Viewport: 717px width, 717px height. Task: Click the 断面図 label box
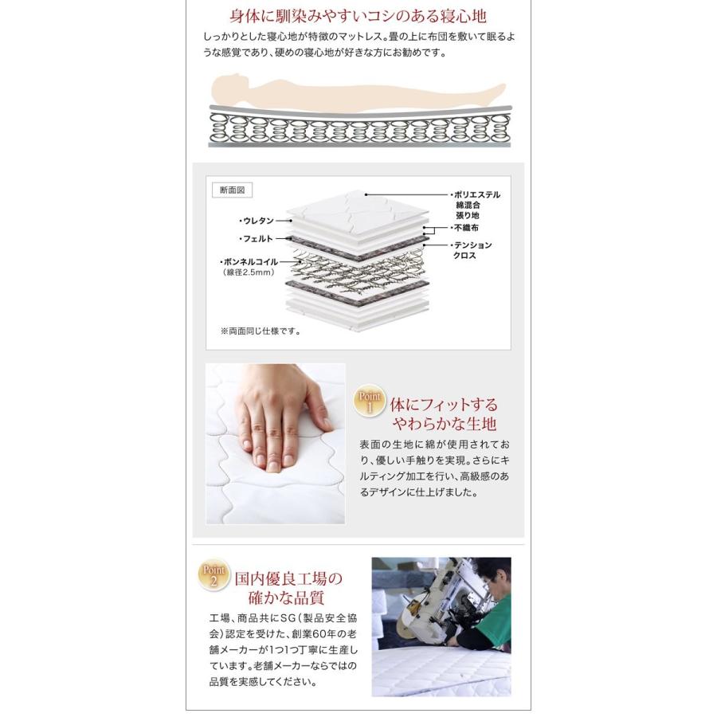pyautogui.click(x=232, y=190)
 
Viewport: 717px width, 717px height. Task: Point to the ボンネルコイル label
pyautogui.click(x=249, y=262)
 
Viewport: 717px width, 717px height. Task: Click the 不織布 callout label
pyautogui.click(x=464, y=227)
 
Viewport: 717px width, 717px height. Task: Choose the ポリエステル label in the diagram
pyautogui.click(x=476, y=195)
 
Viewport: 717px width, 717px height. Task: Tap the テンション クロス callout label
pyautogui.click(x=472, y=250)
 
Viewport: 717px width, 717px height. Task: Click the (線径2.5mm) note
pyautogui.click(x=249, y=272)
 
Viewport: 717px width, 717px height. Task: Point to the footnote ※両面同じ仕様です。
pyautogui.click(x=261, y=331)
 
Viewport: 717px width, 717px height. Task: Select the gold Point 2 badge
pyautogui.click(x=214, y=574)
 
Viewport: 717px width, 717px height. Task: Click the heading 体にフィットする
pyautogui.click(x=444, y=405)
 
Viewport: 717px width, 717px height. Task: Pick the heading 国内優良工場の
pyautogui.click(x=288, y=579)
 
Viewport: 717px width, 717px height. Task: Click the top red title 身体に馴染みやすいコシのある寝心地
pyautogui.click(x=358, y=17)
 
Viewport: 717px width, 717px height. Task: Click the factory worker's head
pyautogui.click(x=491, y=576)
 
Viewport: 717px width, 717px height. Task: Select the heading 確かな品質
pyautogui.click(x=286, y=598)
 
